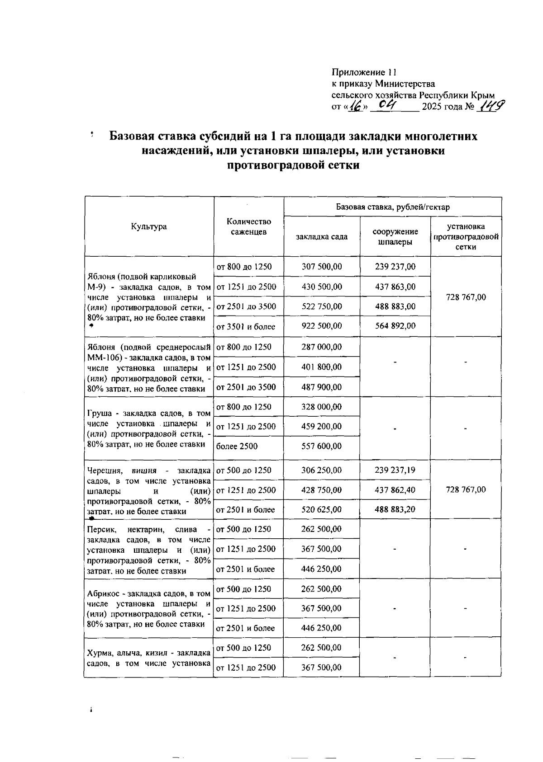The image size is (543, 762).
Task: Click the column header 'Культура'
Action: [149, 227]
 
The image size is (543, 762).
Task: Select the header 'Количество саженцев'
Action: [248, 227]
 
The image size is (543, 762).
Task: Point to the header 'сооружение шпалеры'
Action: [395, 236]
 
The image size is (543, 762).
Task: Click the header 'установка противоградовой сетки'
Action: [466, 236]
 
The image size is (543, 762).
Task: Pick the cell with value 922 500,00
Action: [322, 326]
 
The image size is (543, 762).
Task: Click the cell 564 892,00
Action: [395, 326]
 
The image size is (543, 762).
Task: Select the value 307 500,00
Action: [322, 267]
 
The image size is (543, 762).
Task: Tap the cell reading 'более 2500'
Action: [237, 447]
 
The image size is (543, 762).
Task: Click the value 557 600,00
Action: [322, 447]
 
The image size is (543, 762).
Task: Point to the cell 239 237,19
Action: [395, 470]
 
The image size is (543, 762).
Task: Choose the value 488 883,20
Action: [395, 510]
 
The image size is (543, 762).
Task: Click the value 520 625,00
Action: [322, 510]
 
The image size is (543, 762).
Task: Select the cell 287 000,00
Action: [322, 347]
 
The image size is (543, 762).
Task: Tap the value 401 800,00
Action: [322, 367]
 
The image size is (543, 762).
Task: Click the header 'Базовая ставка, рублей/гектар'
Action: [393, 207]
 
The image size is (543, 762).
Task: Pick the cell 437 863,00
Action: [395, 287]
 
